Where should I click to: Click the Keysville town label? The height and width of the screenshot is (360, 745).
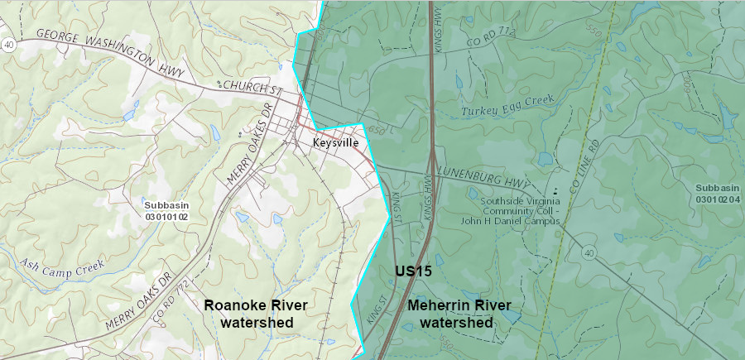click(x=335, y=142)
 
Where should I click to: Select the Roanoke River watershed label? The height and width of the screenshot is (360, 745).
click(x=256, y=314)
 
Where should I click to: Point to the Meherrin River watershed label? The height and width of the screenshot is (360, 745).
click(x=459, y=314)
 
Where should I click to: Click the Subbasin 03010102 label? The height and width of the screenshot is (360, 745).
click(x=166, y=210)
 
